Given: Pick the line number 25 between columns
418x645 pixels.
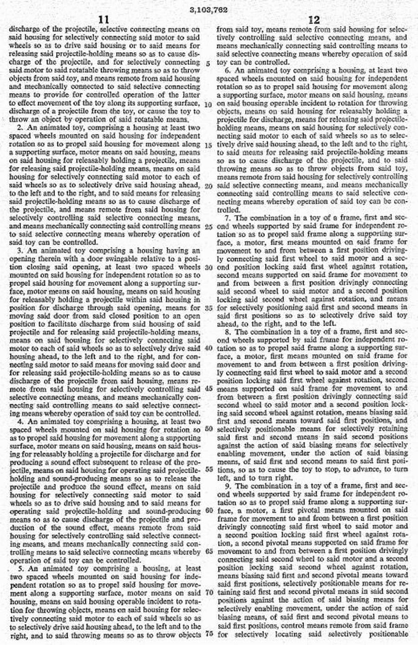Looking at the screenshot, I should click(208, 226).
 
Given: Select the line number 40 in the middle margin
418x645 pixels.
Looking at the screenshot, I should click(208, 348).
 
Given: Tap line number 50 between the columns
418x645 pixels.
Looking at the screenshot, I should click(208, 429).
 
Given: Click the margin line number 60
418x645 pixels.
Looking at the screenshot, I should click(208, 510).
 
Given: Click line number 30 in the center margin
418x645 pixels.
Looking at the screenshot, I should click(208, 267).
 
